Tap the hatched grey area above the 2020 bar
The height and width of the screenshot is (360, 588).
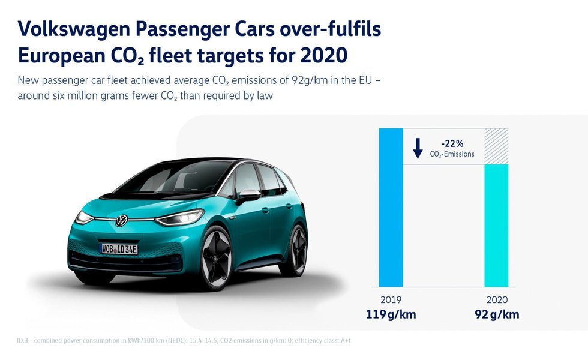496,146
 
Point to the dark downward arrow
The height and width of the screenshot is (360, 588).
418,148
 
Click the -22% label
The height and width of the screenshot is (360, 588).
452,144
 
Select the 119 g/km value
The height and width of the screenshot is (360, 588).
391,314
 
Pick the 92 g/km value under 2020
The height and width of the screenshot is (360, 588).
496,314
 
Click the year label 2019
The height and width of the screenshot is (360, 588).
391,300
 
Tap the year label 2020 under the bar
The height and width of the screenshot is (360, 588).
496,300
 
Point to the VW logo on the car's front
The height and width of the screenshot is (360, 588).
122,221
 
